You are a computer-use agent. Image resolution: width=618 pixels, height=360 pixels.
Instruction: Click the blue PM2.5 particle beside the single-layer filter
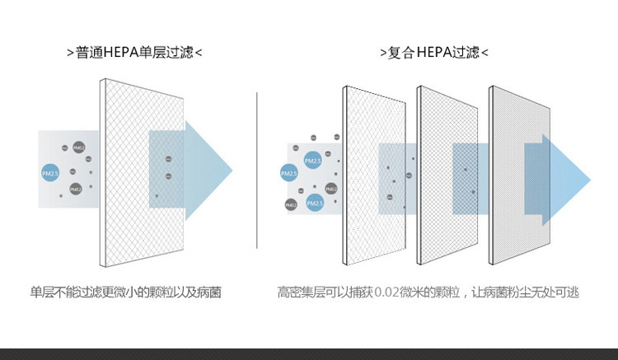click(x=49, y=172)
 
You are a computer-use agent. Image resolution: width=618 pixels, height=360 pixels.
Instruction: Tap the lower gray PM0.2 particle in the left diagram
click(x=75, y=189)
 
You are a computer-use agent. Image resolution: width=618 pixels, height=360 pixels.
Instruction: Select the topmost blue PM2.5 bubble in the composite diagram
click(x=311, y=159)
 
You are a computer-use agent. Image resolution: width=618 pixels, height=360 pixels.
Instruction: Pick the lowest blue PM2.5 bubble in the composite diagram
click(x=315, y=203)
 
